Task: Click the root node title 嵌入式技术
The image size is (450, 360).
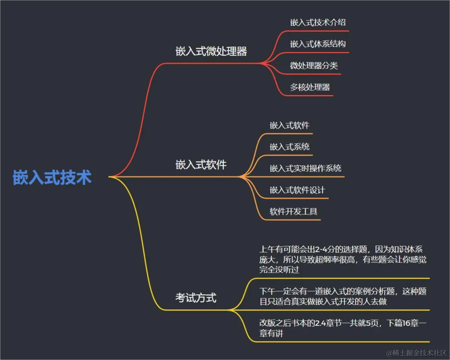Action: click(52, 177)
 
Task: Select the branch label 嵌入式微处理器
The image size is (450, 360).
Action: click(211, 51)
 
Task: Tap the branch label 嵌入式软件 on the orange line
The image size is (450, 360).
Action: click(201, 165)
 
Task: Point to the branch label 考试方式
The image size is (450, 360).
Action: click(196, 298)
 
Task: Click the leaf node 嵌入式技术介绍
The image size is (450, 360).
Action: click(318, 22)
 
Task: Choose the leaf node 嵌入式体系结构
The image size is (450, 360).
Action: click(318, 44)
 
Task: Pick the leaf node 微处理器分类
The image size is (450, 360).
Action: click(314, 66)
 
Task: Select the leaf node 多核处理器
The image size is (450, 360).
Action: click(310, 87)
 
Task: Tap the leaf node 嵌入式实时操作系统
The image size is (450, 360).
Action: click(305, 168)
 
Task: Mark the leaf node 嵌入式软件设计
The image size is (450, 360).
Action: click(297, 190)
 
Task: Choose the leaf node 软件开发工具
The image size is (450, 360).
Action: click(293, 211)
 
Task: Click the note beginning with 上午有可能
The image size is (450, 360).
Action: click(343, 259)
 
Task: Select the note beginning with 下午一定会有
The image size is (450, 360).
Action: click(343, 296)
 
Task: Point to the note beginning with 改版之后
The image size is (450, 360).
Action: click(343, 328)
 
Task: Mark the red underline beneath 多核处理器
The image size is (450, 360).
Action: click(307, 95)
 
